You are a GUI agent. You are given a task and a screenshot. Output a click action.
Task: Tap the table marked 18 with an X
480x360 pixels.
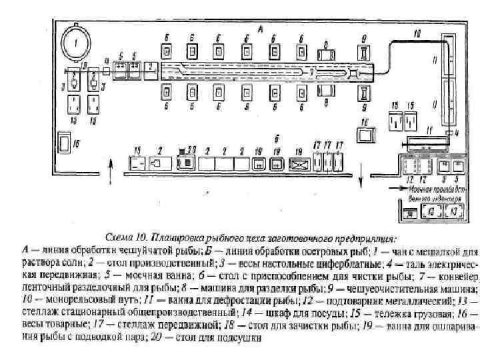(299, 162)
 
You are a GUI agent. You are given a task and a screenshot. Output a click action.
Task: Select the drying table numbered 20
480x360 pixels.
(189, 162)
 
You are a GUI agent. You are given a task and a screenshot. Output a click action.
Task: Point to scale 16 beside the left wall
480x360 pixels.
(65, 142)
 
